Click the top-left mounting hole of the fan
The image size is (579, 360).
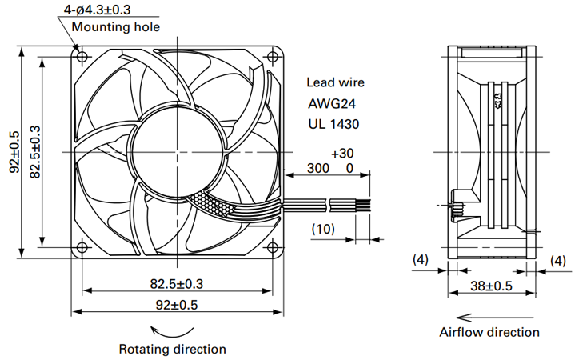click(x=82, y=58)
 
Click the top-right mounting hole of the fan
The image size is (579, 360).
click(x=273, y=58)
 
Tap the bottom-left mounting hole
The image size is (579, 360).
click(x=82, y=247)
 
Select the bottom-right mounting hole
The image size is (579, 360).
click(x=273, y=247)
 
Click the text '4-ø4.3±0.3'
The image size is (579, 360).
click(x=97, y=10)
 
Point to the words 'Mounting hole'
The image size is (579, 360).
click(x=116, y=27)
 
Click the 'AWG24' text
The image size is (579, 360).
click(x=332, y=104)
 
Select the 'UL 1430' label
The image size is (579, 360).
click(x=333, y=124)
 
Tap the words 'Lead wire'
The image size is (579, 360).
click(x=335, y=82)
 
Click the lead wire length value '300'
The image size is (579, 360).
click(x=318, y=168)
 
